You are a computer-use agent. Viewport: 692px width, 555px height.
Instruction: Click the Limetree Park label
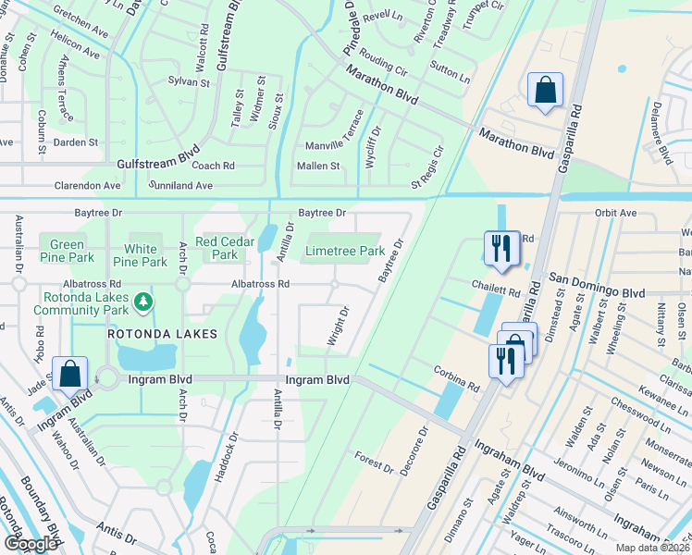coord(344,251)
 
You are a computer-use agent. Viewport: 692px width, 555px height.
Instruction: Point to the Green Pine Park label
coord(67,251)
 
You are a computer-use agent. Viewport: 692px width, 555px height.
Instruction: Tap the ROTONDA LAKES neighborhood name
coord(162,333)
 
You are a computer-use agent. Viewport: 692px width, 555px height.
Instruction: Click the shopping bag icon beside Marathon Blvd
coord(545,91)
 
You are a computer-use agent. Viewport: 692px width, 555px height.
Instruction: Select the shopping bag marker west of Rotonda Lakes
coord(70,375)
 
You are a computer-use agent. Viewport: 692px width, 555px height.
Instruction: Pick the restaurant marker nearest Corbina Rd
coord(506,360)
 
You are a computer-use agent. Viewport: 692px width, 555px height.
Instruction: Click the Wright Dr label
coord(337,327)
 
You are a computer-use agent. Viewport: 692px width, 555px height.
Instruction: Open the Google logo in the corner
coord(31,544)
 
